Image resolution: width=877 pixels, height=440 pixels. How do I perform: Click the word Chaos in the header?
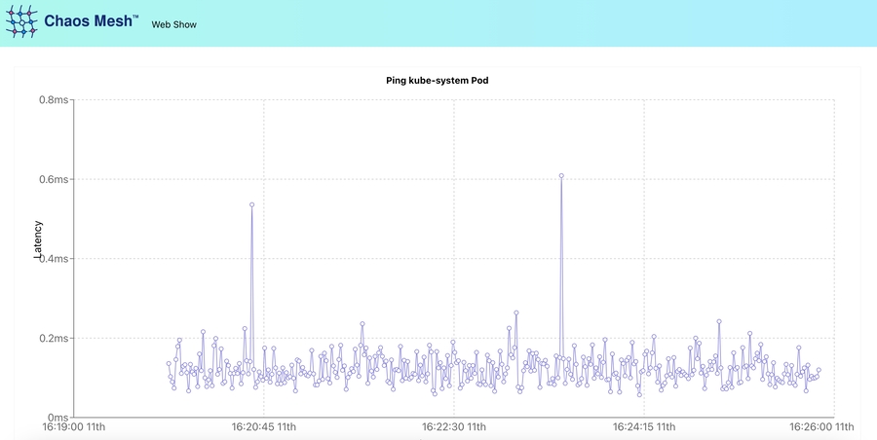(x=69, y=20)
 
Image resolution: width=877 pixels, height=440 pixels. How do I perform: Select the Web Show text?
(x=174, y=24)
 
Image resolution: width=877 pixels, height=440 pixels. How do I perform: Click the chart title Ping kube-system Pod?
(x=438, y=80)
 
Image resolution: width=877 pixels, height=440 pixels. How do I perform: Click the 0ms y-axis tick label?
(x=56, y=418)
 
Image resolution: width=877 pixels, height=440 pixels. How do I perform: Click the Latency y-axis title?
(x=39, y=239)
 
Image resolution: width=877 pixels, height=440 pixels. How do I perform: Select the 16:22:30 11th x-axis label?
(x=454, y=427)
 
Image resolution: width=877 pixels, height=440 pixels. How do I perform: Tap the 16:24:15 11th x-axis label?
(x=645, y=427)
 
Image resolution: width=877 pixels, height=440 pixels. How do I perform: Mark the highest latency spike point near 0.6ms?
(x=562, y=176)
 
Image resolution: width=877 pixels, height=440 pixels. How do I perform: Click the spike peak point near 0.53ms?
(x=251, y=205)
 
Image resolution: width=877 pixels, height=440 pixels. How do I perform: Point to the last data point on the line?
(x=819, y=370)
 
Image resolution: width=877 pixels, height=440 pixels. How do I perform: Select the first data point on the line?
(x=169, y=364)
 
